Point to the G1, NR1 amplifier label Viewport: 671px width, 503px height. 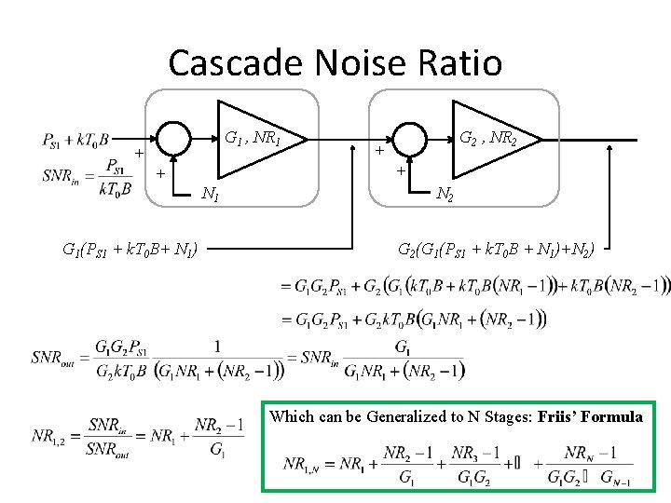[253, 140]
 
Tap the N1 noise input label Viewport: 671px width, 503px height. [212, 194]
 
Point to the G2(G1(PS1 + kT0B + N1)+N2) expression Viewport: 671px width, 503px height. [503, 249]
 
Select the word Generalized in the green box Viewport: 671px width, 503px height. [394, 416]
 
